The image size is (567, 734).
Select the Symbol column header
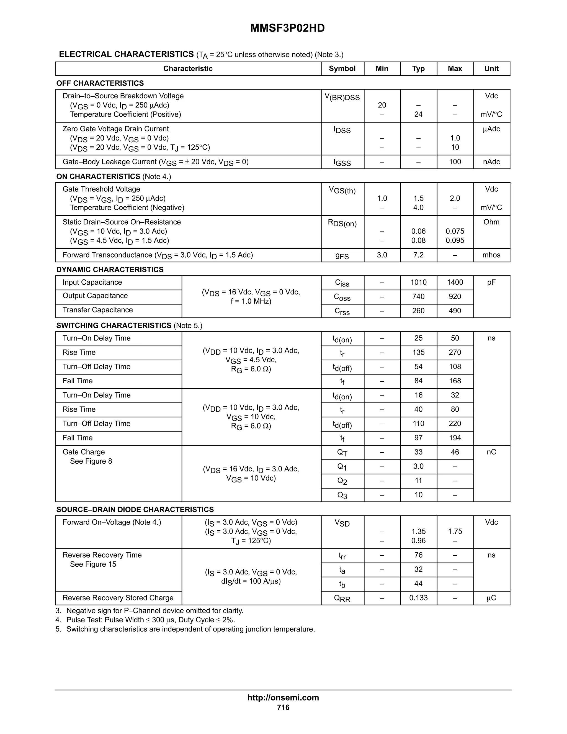click(x=342, y=69)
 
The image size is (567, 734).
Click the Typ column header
click(x=418, y=69)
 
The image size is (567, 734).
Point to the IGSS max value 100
click(x=455, y=162)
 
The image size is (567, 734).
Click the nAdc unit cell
click(x=491, y=162)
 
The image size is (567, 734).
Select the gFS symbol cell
click(x=342, y=255)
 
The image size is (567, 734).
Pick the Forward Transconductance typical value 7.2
click(x=418, y=255)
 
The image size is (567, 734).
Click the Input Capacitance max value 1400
click(x=455, y=282)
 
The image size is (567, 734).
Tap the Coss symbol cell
click(x=342, y=297)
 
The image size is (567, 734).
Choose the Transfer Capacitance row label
click(x=97, y=310)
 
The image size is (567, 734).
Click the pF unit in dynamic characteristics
click(x=491, y=282)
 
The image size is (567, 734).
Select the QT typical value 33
click(x=418, y=452)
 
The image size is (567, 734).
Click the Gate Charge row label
click(x=84, y=452)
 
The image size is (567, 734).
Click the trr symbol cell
click(x=342, y=556)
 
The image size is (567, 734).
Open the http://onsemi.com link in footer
click(x=283, y=697)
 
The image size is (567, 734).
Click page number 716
click(x=283, y=707)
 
